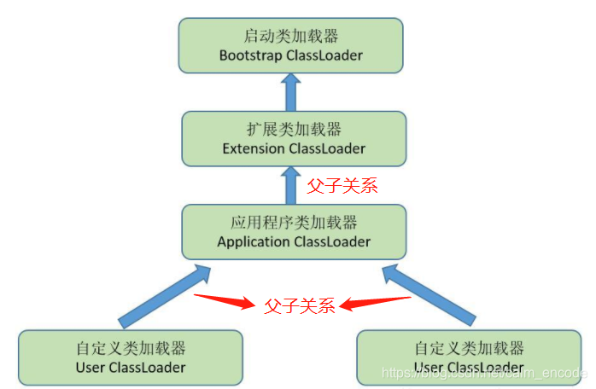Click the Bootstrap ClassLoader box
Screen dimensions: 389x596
[291, 45]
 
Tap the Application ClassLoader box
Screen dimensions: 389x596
[294, 231]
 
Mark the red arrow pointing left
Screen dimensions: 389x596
[376, 300]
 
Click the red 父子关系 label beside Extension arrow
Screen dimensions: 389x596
[342, 185]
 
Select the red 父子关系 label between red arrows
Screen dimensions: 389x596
[300, 305]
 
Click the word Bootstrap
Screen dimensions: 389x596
[248, 55]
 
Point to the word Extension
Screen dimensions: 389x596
[254, 148]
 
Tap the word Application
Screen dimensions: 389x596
[254, 241]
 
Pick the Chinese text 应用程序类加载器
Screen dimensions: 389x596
[294, 223]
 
